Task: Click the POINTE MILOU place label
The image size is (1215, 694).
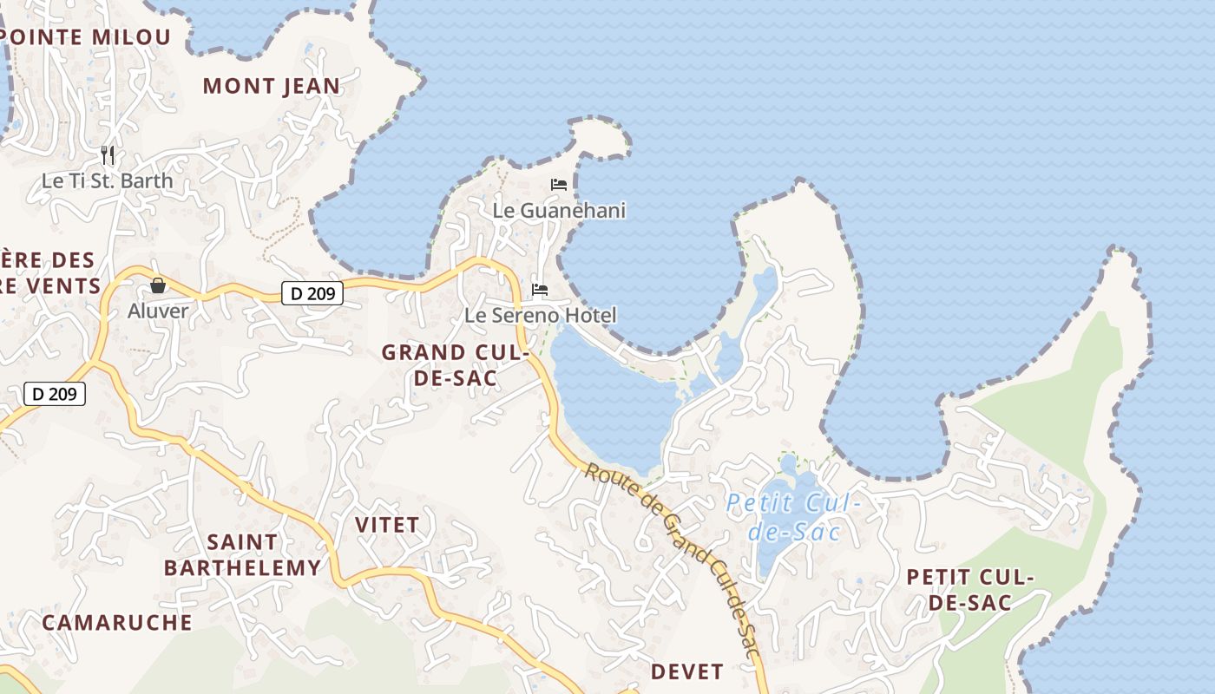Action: (x=86, y=37)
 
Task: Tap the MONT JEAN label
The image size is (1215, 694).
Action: (x=272, y=86)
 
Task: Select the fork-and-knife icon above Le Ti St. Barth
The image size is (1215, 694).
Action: (x=108, y=155)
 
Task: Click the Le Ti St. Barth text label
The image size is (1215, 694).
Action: (x=108, y=181)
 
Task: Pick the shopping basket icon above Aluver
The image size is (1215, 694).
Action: (x=158, y=285)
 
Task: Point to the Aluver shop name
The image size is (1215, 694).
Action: (x=158, y=311)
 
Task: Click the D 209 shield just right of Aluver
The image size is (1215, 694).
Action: (x=312, y=293)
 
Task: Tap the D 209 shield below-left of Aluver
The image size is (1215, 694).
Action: (x=55, y=394)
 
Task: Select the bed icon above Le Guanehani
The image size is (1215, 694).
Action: (x=559, y=185)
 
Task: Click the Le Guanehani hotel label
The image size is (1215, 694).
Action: (x=559, y=211)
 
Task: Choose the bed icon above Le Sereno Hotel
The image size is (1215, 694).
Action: (x=540, y=289)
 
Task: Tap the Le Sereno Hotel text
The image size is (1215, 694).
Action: (x=540, y=315)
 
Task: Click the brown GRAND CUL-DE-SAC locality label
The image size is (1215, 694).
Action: (x=455, y=365)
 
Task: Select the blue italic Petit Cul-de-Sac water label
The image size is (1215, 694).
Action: (x=793, y=517)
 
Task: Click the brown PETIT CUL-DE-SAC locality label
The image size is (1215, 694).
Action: (x=970, y=590)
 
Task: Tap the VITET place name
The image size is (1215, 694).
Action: (x=387, y=525)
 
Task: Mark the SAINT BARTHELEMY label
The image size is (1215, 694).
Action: (x=243, y=555)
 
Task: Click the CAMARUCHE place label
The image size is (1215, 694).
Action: (x=117, y=622)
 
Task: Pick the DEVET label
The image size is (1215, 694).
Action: (x=687, y=671)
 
